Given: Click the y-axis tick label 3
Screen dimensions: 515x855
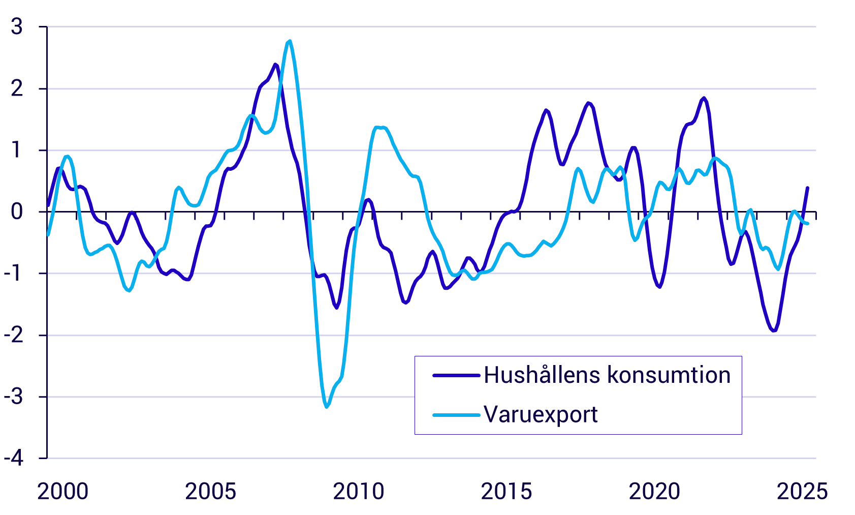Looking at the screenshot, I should [17, 27].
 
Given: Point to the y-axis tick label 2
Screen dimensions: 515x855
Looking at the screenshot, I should [17, 89].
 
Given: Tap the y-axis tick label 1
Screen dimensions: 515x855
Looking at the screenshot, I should [17, 150].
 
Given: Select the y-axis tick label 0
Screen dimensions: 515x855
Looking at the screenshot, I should [17, 212].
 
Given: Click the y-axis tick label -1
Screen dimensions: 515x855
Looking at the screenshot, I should [14, 274].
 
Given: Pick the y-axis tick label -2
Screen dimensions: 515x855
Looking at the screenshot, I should [14, 336].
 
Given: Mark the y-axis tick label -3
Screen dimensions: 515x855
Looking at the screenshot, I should [14, 397].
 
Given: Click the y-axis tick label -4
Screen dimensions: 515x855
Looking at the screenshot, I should [14, 459].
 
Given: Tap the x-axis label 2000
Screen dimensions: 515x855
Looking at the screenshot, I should [63, 492].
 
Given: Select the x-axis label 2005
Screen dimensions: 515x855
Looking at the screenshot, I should [211, 492].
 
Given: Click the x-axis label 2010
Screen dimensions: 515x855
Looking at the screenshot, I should [359, 492].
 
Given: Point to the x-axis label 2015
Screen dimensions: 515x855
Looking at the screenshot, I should [506, 492].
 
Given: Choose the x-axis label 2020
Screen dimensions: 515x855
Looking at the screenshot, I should [654, 492].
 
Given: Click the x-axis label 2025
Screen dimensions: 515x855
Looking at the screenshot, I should [802, 492].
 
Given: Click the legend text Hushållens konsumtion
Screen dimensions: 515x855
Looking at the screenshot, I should [607, 375].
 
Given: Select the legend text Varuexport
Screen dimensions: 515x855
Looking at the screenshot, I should [541, 415].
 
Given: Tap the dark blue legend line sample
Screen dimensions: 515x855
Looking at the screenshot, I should [456, 376].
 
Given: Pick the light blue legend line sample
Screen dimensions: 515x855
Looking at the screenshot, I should [456, 415].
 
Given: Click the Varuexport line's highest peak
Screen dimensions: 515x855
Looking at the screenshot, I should [290, 41].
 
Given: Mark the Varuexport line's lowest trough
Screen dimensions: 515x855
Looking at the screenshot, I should [327, 407].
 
